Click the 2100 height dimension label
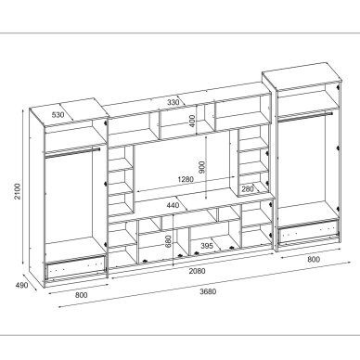coord(19,191)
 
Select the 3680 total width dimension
coord(208,291)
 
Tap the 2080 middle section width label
coord(197,271)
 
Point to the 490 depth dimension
coord(21,285)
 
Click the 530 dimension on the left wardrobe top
coord(58,115)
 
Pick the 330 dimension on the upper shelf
coord(174,102)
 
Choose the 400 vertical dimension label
coord(192,121)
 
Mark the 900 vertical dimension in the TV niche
coord(201,167)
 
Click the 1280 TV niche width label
coord(186,179)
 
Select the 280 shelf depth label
coord(248,189)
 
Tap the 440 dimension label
coord(173,205)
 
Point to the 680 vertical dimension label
coord(168,241)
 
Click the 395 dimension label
coord(207,246)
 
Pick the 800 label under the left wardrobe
coord(82,295)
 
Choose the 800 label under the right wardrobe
coord(314,259)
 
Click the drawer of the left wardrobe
coord(75,266)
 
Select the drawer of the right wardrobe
coord(307,232)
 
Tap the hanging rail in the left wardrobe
coord(71,152)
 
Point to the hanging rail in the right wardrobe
coord(305,115)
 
